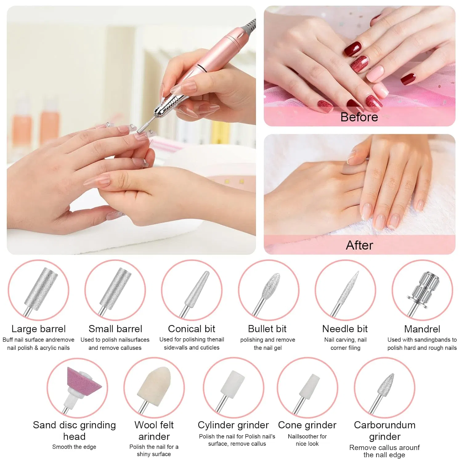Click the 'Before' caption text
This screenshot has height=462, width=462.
(x=359, y=117)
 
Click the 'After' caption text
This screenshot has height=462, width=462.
(x=359, y=245)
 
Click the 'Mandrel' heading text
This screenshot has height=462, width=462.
(x=422, y=329)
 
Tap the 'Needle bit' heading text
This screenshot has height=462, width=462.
(x=345, y=329)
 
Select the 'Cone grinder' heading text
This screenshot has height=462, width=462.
(x=307, y=425)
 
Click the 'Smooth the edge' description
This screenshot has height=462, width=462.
(x=74, y=447)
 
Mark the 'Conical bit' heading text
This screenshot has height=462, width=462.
(x=192, y=329)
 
